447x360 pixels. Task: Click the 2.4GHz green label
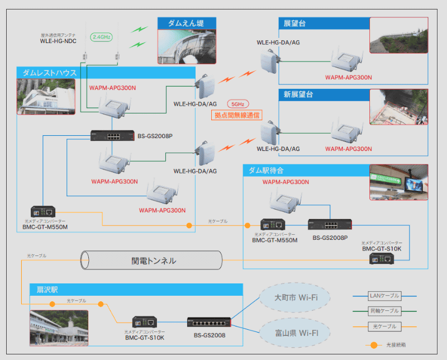point(102,37)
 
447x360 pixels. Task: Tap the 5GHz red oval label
point(237,104)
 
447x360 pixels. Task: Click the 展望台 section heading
point(294,23)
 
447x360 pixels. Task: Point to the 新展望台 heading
point(298,94)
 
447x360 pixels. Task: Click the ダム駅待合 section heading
point(266,170)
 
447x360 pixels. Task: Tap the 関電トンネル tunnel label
point(153,260)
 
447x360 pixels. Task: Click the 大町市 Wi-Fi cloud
point(295,298)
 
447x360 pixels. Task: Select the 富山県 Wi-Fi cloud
point(295,333)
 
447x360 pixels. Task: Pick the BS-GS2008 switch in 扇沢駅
point(210,323)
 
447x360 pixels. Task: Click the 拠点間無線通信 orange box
point(237,116)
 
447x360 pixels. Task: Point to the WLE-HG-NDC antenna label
point(58,41)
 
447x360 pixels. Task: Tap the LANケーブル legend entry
point(384,295)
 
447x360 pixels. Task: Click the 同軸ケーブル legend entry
point(384,311)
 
